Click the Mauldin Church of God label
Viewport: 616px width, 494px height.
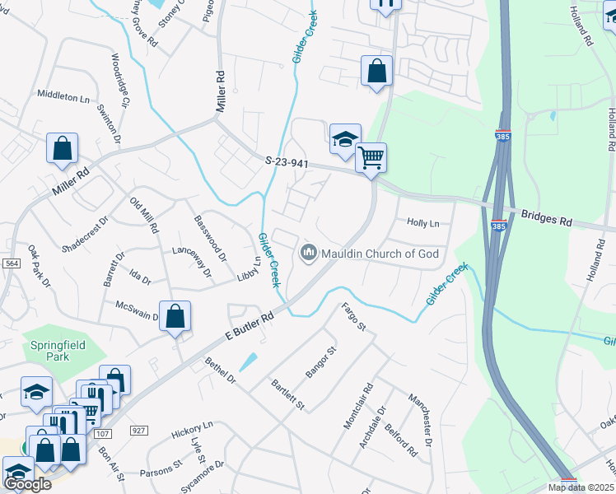pyautogui.click(x=380, y=254)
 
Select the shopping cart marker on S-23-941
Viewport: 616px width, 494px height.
pyautogui.click(x=371, y=156)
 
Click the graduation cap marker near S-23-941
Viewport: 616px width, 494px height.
pyautogui.click(x=346, y=139)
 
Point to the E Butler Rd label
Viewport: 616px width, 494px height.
pyautogui.click(x=249, y=326)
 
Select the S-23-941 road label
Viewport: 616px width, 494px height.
pyautogui.click(x=287, y=163)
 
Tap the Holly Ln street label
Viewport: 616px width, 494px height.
pyautogui.click(x=423, y=223)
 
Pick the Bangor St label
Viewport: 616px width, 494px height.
pyautogui.click(x=322, y=362)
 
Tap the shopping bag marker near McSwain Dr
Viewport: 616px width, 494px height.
pyautogui.click(x=175, y=316)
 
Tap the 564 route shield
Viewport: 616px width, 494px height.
pyautogui.click(x=11, y=263)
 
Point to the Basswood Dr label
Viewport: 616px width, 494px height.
pyautogui.click(x=209, y=234)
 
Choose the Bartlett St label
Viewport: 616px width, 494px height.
pyautogui.click(x=289, y=395)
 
